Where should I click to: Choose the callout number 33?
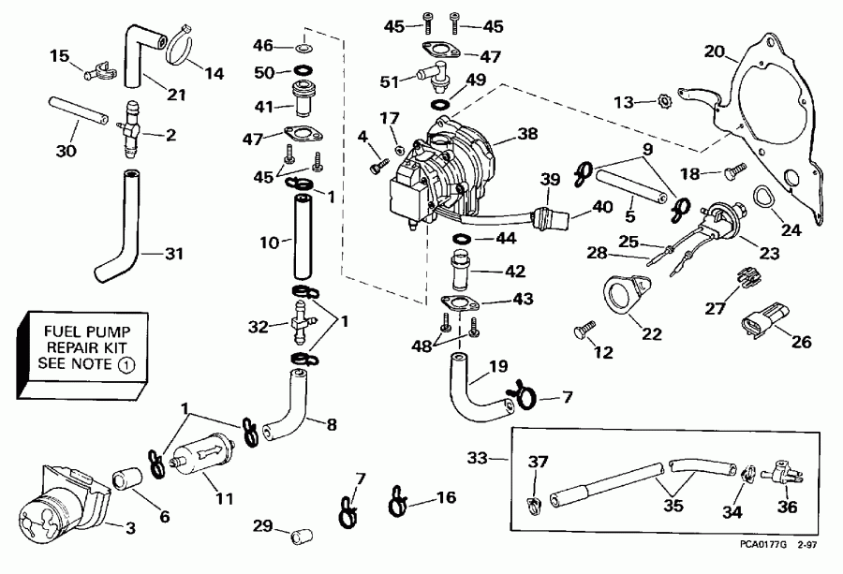point(477,458)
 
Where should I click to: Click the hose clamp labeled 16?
point(398,499)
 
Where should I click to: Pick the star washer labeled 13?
point(661,99)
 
